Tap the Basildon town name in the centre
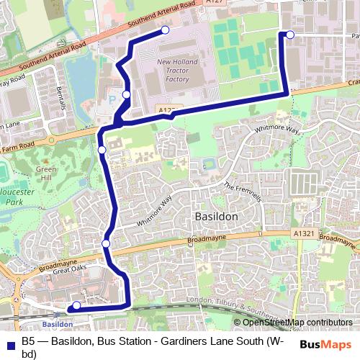[x=217, y=215]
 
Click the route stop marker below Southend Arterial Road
[x=166, y=30]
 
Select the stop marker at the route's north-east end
[x=290, y=34]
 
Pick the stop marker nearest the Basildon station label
[x=77, y=305]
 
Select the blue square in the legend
[x=10, y=341]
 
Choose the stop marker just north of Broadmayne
[x=107, y=243]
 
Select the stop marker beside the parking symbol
[x=127, y=94]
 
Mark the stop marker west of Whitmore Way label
[x=102, y=149]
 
